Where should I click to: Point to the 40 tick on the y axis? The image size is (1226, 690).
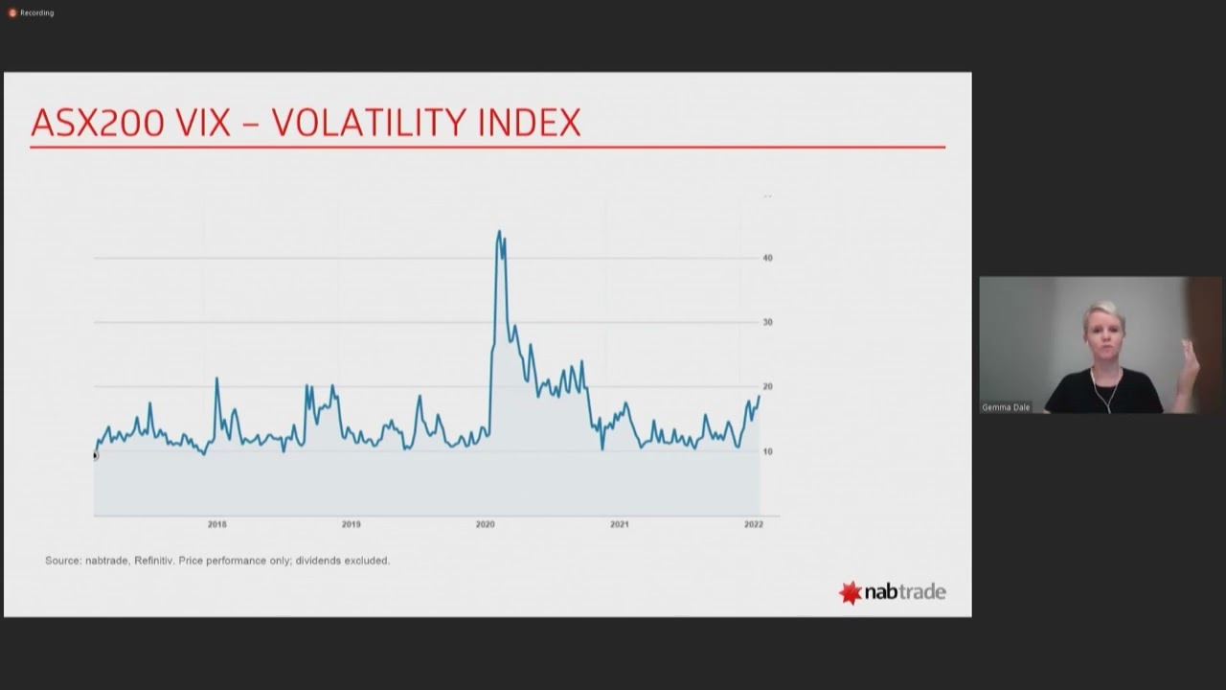(767, 258)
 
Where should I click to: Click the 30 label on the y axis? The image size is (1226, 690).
(767, 322)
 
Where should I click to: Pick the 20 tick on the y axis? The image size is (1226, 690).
(767, 387)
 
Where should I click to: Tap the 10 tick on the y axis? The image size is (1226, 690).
(767, 451)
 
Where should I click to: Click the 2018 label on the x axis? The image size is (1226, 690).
(217, 524)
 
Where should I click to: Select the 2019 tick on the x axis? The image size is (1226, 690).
(352, 524)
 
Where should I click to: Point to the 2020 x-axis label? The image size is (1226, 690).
(486, 524)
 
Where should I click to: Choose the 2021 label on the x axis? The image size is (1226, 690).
(620, 524)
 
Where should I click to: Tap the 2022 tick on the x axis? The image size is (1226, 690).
(754, 524)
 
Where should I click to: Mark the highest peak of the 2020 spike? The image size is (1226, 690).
(499, 231)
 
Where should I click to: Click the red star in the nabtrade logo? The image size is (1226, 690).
(850, 592)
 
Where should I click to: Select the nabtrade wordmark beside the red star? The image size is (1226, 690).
(905, 592)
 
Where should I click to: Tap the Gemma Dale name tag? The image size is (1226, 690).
(1006, 407)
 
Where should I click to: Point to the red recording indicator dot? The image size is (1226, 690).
(12, 12)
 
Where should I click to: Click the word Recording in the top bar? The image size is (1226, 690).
(37, 12)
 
